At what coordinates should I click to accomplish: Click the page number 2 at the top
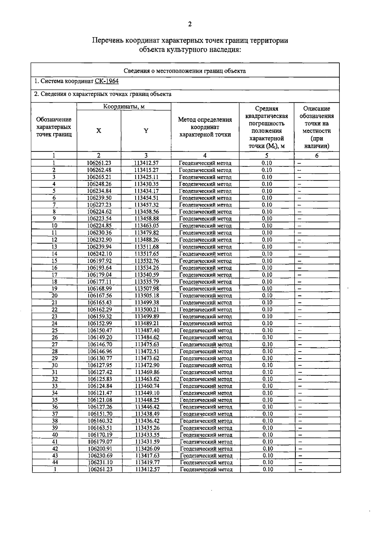pyautogui.click(x=190, y=24)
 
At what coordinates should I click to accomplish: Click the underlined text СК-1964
pyautogui.click(x=107, y=81)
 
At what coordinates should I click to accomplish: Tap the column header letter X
pyautogui.click(x=99, y=131)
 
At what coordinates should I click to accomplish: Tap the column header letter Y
pyautogui.click(x=146, y=131)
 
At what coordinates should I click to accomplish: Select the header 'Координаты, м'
pyautogui.click(x=124, y=107)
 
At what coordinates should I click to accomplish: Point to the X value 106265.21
pyautogui.click(x=99, y=177)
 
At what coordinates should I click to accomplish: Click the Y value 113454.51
pyautogui.click(x=146, y=198)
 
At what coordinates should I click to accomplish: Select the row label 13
pyautogui.click(x=54, y=247)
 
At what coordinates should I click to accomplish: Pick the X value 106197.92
pyautogui.click(x=99, y=261)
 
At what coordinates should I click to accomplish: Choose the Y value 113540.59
pyautogui.click(x=147, y=275)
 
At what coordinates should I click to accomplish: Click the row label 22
pyautogui.click(x=55, y=309)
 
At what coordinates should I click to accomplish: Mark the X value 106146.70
pyautogui.click(x=100, y=344)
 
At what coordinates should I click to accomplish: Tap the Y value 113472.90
pyautogui.click(x=147, y=365)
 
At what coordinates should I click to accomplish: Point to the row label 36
pyautogui.click(x=55, y=407)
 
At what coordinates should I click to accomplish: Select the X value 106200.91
pyautogui.click(x=100, y=449)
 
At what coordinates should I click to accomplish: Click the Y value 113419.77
pyautogui.click(x=147, y=462)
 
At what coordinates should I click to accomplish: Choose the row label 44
pyautogui.click(x=55, y=462)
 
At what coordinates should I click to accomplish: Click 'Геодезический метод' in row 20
pyautogui.click(x=206, y=296)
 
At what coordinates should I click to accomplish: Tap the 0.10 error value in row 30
pyautogui.click(x=268, y=365)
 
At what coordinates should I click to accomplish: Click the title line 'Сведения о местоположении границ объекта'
pyautogui.click(x=184, y=71)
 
